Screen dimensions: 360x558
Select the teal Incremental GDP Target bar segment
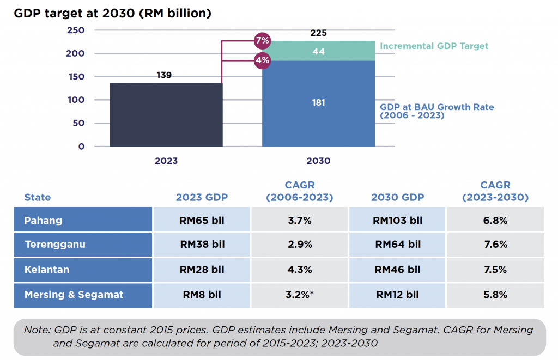(319, 51)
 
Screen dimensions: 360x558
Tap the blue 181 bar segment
(319, 103)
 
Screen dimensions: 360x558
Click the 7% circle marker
(262, 41)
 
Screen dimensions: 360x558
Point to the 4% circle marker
(262, 60)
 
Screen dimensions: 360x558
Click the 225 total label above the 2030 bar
(319, 33)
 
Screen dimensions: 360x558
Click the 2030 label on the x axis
(319, 161)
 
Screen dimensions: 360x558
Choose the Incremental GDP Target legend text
(434, 46)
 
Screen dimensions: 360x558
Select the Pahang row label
(44, 221)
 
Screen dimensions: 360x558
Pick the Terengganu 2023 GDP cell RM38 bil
(202, 245)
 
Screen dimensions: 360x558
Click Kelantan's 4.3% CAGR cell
(300, 270)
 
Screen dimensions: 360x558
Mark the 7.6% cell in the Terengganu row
(495, 245)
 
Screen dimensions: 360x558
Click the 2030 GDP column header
(397, 198)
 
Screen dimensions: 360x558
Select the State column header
(38, 198)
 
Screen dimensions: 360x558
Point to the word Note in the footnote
(36, 330)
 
